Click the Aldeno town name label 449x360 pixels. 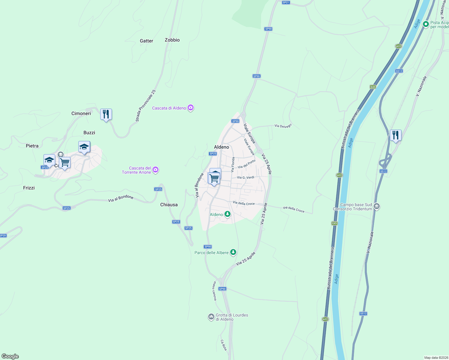pos(221,147)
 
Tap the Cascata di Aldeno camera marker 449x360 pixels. pos(190,108)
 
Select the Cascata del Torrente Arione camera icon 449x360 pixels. pos(155,170)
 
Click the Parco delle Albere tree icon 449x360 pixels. pos(233,252)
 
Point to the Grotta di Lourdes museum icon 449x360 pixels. pos(211,317)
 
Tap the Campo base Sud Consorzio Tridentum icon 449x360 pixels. pos(377,206)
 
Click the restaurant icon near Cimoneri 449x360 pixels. pos(106,115)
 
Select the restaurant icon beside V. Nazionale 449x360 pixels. pos(396,136)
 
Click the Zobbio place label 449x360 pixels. pos(172,40)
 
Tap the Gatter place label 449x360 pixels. pos(146,41)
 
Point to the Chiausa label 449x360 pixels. pos(169,205)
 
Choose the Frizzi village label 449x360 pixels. pos(29,188)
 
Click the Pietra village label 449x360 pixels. pos(32,146)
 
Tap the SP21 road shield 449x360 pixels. pos(286,2)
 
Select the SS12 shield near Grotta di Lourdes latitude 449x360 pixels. pos(363,313)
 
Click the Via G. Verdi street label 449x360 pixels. pos(246,178)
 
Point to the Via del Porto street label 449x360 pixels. pos(246,164)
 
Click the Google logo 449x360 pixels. pos(10,356)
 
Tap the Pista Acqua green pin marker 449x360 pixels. pos(426,24)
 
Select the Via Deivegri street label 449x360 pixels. pos(283,126)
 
